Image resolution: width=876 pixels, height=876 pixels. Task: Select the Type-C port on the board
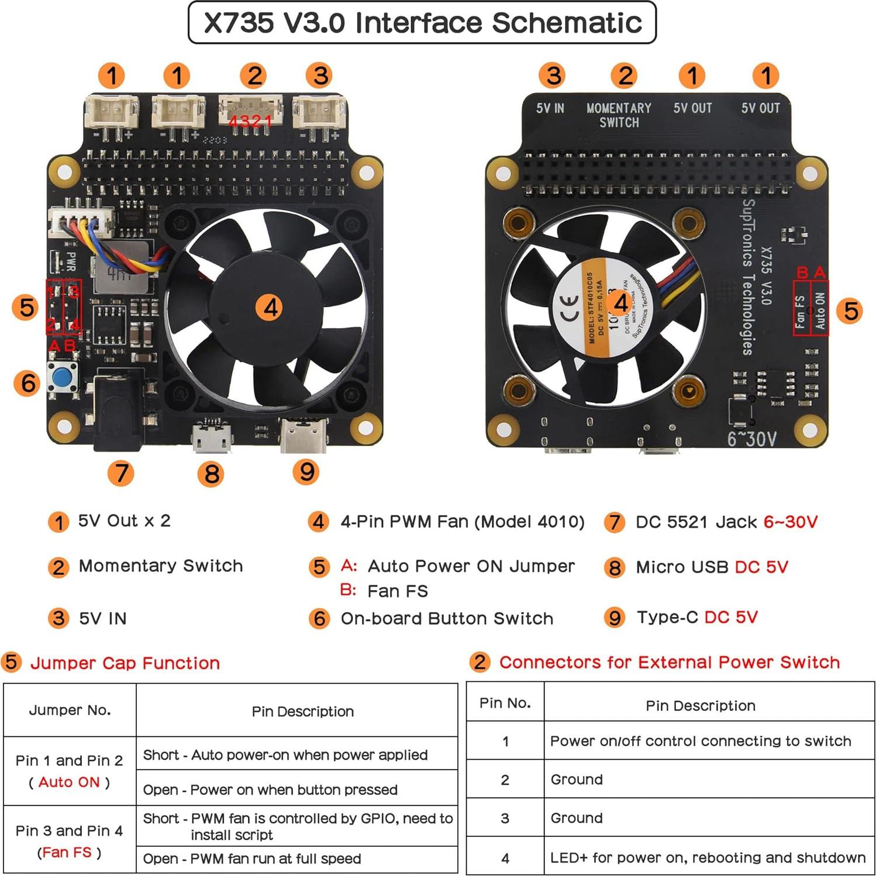(304, 436)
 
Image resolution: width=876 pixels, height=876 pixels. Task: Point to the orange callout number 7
(121, 473)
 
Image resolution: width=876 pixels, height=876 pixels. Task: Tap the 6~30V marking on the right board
(752, 439)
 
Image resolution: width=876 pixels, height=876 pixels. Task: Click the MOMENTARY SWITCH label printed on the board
(619, 115)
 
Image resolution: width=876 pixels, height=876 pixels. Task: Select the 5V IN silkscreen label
(550, 108)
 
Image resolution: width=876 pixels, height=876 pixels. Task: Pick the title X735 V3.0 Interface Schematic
(422, 23)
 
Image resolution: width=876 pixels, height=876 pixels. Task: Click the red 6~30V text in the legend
(791, 522)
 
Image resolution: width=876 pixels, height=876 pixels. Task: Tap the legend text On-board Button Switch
(447, 618)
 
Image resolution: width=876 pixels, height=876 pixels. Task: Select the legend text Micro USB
(682, 567)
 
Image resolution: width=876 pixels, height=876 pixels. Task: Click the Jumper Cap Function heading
(125, 663)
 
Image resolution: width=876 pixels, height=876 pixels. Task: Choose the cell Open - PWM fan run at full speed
(252, 858)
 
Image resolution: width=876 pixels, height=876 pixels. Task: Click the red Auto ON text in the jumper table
(69, 782)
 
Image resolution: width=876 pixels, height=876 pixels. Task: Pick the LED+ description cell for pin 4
(708, 857)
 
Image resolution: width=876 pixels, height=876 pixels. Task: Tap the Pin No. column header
(505, 703)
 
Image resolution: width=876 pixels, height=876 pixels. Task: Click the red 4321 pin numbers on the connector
(250, 121)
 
